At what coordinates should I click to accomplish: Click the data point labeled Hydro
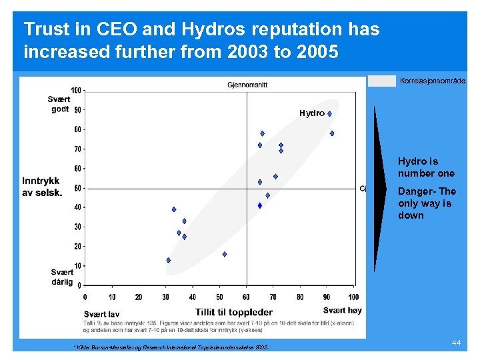click(x=329, y=114)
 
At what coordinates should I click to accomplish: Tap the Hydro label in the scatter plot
click(x=312, y=113)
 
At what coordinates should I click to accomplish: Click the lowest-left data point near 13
click(x=169, y=260)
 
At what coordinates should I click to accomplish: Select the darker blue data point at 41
click(x=260, y=205)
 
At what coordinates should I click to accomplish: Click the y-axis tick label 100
click(x=77, y=91)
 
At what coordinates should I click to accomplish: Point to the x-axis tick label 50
click(x=219, y=297)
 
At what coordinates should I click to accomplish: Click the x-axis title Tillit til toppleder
click(x=233, y=312)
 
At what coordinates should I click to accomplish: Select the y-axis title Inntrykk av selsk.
click(x=42, y=187)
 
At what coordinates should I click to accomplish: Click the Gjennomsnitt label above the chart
click(x=247, y=85)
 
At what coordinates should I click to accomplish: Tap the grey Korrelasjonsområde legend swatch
click(x=382, y=81)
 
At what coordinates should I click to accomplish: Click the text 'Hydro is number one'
click(x=426, y=167)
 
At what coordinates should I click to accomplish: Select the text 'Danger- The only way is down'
click(x=427, y=203)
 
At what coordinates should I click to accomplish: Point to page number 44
click(x=456, y=342)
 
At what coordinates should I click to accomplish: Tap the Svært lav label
click(x=101, y=314)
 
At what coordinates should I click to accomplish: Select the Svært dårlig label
click(x=62, y=277)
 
